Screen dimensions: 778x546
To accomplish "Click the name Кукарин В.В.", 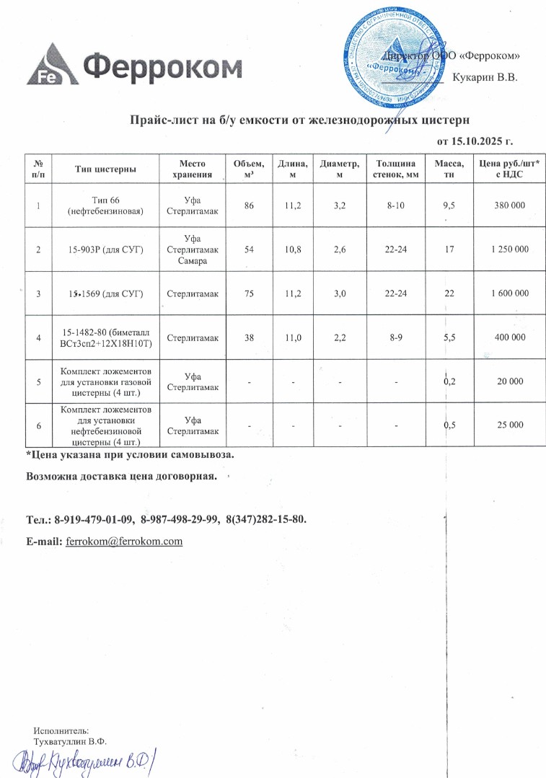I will (x=485, y=77).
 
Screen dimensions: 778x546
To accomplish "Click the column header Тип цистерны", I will (x=106, y=169).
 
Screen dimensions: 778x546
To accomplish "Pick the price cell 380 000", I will (x=509, y=206).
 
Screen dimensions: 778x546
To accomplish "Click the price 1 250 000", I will (x=509, y=249).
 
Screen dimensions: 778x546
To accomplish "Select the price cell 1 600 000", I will (x=509, y=293).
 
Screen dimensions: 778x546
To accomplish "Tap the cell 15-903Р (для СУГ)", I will (x=106, y=249).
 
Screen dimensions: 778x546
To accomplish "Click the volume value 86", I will (x=249, y=206).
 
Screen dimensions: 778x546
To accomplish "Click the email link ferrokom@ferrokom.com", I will (x=124, y=541).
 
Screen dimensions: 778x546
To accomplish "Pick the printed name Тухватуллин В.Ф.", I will (x=70, y=741).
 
